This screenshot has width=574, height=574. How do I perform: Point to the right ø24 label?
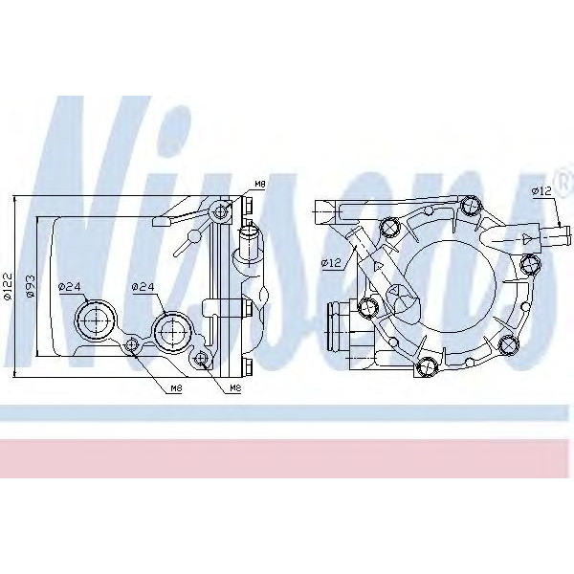(143, 286)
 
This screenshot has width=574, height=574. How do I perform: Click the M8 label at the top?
(260, 183)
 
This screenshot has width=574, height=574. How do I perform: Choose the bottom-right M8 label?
(234, 389)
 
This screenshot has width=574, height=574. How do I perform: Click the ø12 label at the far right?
(542, 191)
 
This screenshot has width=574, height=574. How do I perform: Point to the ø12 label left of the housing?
(330, 262)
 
